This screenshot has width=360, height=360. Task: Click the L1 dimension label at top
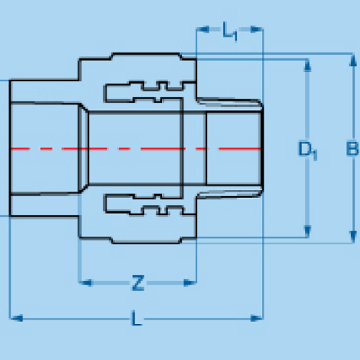tap(230, 31)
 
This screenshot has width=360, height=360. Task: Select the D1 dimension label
tap(307, 151)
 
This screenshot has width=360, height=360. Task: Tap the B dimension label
tap(352, 149)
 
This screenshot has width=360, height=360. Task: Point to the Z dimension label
tap(138, 283)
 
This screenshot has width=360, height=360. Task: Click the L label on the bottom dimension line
tap(137, 318)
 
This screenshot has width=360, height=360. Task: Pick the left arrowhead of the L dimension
tap(17, 318)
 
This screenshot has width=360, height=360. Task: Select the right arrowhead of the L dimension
tap(257, 318)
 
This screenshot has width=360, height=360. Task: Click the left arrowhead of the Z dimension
tap(85, 283)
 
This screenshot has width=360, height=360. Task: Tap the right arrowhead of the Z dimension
tap(189, 283)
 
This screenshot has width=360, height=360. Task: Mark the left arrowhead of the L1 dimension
tap(203, 29)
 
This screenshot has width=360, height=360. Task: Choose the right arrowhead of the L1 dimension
tap(257, 29)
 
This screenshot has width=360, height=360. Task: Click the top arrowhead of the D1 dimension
tap(307, 65)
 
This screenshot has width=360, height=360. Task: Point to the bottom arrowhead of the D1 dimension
tap(307, 231)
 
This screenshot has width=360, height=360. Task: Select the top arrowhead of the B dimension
tap(353, 60)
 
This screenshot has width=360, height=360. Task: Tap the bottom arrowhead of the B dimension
tap(353, 237)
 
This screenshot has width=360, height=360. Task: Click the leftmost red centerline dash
tap(20, 149)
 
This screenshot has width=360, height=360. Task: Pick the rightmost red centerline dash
tap(239, 149)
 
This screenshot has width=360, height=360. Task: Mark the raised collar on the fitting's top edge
tap(146, 56)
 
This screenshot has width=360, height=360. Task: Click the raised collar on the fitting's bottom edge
tap(146, 241)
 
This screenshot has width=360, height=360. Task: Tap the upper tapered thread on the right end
tap(229, 103)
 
